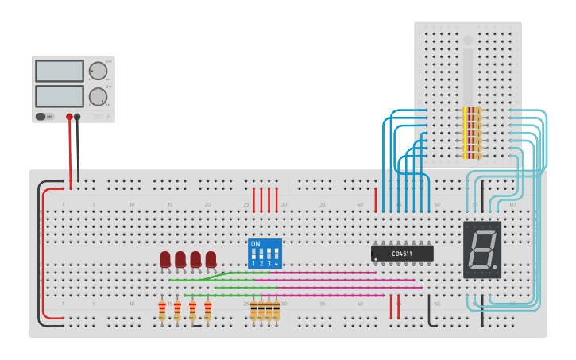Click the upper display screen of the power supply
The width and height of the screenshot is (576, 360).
pyautogui.click(x=60, y=71)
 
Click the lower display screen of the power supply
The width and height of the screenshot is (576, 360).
pyautogui.click(x=60, y=97)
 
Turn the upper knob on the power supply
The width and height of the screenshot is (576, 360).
pyautogui.click(x=98, y=71)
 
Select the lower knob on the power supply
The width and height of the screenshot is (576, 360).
pyautogui.click(x=98, y=97)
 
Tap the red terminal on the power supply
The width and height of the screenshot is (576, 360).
pyautogui.click(x=69, y=117)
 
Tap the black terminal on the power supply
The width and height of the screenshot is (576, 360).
pyautogui.click(x=77, y=117)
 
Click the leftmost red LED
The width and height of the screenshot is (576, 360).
pyautogui.click(x=165, y=259)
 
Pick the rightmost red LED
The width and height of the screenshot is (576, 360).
pyautogui.click(x=211, y=259)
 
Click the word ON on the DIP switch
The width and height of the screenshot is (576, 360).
pyautogui.click(x=254, y=244)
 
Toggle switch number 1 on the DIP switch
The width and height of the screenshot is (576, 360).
pyautogui.click(x=254, y=254)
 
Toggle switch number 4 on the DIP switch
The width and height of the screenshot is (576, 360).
pyautogui.click(x=276, y=254)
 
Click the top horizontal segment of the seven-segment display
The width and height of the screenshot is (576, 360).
pyautogui.click(x=482, y=233)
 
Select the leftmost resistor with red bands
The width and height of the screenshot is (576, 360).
pyautogui.click(x=162, y=310)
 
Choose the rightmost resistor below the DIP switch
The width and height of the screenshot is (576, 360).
pyautogui.click(x=276, y=310)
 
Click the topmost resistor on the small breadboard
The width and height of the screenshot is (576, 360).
pyautogui.click(x=471, y=110)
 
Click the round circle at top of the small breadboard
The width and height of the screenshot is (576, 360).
pyautogui.click(x=468, y=40)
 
